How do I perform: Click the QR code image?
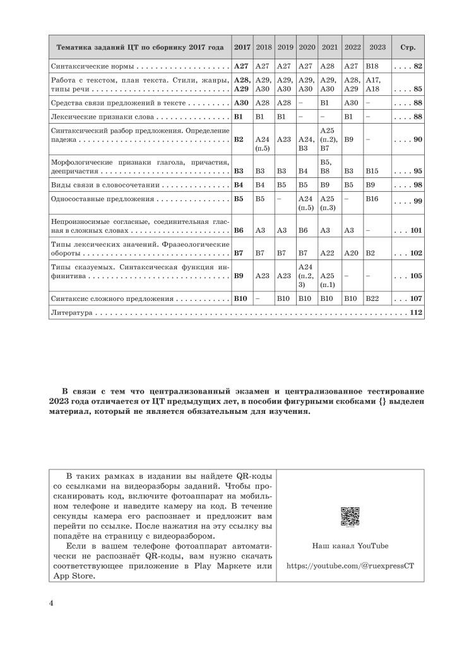click(x=350, y=516)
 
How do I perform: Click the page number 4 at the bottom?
click(x=51, y=602)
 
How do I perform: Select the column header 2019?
click(x=285, y=47)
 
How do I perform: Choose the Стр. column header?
click(x=408, y=47)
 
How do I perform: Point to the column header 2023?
click(x=377, y=47)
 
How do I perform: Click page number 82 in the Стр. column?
click(x=418, y=66)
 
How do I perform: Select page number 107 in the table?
click(x=415, y=298)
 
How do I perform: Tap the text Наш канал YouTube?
click(x=350, y=546)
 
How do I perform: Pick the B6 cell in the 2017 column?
click(x=239, y=230)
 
